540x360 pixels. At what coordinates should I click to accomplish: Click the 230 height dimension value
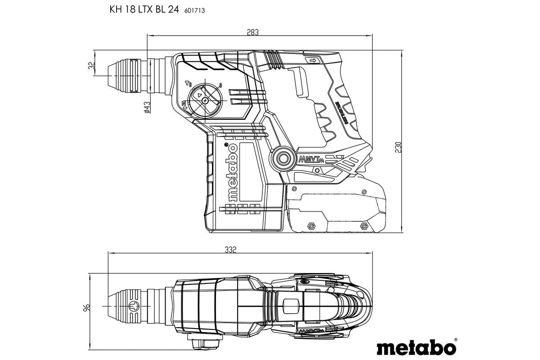(x=398, y=147)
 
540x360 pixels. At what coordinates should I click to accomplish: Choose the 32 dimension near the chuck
(x=92, y=66)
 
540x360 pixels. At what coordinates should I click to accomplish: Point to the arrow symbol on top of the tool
(x=311, y=60)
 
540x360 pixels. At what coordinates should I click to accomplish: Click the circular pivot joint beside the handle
(x=283, y=158)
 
